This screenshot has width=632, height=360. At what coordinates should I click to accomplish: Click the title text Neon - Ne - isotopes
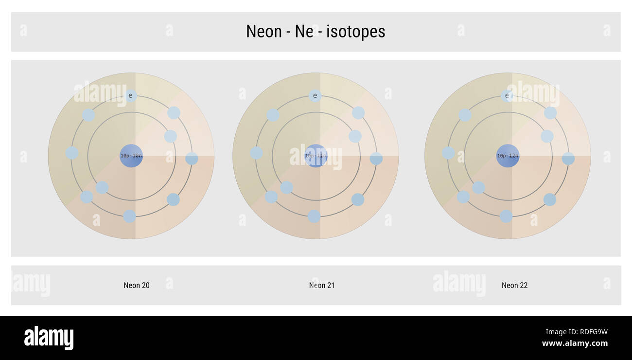coord(316,32)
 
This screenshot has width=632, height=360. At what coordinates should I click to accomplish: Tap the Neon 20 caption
coord(137,286)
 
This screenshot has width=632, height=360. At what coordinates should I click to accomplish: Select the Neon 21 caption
coord(322,286)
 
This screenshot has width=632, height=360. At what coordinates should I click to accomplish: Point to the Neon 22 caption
coord(514,286)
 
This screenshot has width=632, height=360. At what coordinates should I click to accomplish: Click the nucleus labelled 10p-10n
coord(131,156)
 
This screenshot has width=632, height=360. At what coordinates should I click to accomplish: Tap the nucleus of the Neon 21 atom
coord(316,156)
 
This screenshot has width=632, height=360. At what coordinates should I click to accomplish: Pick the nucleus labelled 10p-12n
coord(508,156)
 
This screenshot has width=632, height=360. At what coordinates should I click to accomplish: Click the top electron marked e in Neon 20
coord(130,96)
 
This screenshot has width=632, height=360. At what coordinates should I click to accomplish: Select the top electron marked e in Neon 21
coord(315,96)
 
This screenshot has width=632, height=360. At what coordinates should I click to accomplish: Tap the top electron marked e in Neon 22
coord(507,96)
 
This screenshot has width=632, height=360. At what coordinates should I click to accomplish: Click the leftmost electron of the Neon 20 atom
coord(72,153)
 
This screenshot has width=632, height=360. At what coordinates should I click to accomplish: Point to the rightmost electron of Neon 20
coord(192,159)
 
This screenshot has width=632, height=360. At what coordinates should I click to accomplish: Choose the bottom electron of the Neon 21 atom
coord(314,216)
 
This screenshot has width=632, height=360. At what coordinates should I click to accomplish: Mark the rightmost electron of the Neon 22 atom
coord(568,159)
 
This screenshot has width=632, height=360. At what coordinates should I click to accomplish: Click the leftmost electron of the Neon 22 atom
coord(448,153)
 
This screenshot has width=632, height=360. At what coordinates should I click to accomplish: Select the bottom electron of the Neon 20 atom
coord(129,216)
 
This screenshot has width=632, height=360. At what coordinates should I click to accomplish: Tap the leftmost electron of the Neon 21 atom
coord(256,153)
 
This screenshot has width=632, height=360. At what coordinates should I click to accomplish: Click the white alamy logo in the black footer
coord(49,338)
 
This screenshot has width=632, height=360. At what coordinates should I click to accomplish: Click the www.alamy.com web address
coord(575,343)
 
